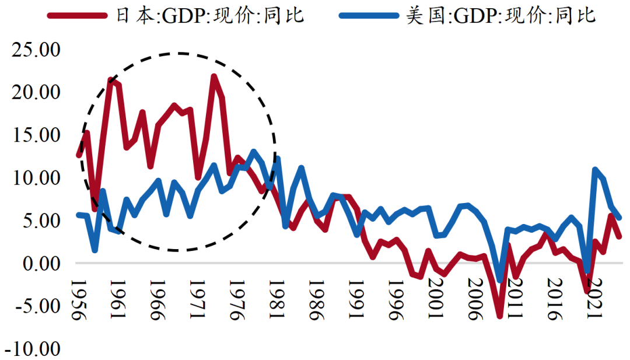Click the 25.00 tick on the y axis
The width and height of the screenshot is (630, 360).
(x=36, y=50)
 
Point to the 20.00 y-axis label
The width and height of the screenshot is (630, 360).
(x=36, y=92)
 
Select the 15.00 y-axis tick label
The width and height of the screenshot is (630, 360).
(x=36, y=135)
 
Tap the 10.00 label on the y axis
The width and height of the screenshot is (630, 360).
(x=36, y=177)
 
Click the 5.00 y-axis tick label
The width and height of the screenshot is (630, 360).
(x=41, y=221)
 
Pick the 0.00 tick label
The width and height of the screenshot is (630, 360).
(x=41, y=263)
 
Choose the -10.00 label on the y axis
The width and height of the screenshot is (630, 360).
(x=34, y=349)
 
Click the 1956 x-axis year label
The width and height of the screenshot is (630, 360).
(x=78, y=300)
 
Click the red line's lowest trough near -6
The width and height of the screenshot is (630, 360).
(x=500, y=316)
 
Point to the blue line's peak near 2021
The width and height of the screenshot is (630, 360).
(x=595, y=170)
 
